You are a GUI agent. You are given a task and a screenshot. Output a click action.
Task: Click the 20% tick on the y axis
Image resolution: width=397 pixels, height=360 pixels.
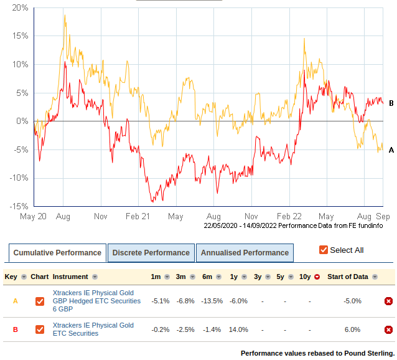(x=19, y=8)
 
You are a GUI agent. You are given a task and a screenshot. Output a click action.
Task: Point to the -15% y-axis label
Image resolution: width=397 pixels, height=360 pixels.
(x=17, y=206)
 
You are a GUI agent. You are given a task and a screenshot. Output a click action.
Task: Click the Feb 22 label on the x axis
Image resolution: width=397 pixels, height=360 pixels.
(x=289, y=217)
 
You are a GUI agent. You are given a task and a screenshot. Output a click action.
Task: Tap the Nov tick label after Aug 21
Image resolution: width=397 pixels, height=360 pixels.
(x=251, y=217)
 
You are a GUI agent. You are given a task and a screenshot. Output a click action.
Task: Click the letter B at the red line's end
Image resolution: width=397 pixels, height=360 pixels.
(x=391, y=103)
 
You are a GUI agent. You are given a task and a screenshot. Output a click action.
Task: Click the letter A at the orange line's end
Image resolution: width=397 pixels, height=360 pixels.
(x=391, y=150)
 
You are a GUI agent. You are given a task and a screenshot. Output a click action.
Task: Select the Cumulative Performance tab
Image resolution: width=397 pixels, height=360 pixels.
(x=57, y=253)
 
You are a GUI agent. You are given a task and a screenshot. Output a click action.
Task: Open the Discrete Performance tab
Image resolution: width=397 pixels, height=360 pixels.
(x=151, y=253)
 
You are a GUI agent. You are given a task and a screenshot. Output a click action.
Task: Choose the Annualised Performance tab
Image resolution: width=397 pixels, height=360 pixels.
(x=245, y=253)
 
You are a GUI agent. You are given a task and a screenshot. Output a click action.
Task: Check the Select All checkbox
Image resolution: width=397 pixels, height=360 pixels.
(x=324, y=250)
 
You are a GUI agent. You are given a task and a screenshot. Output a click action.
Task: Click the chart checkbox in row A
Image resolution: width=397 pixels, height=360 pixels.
(x=40, y=301)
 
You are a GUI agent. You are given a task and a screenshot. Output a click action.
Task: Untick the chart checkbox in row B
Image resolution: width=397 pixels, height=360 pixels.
(x=40, y=329)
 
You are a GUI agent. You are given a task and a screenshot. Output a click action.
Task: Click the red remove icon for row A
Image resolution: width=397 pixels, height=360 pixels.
(x=388, y=301)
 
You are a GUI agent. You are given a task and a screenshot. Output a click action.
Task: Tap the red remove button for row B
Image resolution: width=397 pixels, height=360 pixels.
(x=388, y=329)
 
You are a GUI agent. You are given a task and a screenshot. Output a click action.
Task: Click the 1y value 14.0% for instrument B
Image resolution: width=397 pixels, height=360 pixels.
(x=238, y=329)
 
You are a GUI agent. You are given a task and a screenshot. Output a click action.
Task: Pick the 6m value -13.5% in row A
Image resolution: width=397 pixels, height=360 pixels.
(x=212, y=301)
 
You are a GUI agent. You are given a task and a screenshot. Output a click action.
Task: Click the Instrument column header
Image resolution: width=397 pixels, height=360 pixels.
(x=70, y=277)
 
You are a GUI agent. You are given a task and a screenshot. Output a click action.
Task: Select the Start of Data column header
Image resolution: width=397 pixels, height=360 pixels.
(x=348, y=277)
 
